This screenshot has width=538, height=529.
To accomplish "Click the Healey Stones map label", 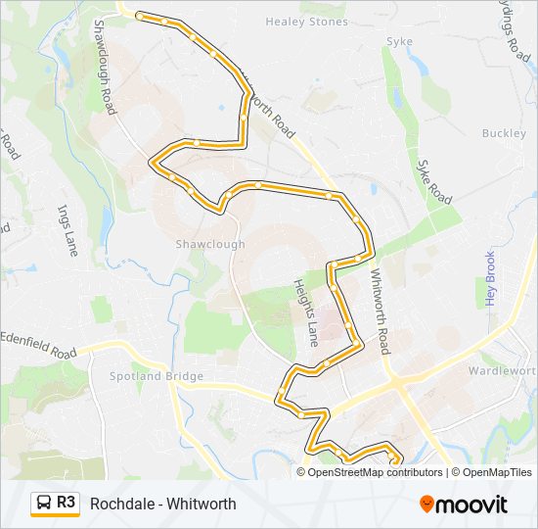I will pos(306,22).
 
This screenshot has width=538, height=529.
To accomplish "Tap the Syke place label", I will pos(400,41).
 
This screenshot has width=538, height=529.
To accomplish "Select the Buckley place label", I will pos(504,133).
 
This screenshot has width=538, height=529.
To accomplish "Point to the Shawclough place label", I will pos(210,244).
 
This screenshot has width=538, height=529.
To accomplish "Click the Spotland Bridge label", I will pos(157,376).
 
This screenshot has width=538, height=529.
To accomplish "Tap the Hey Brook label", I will pos(491,278).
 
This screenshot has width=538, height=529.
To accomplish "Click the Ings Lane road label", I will pos(67,229).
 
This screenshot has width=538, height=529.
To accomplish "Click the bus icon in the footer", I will pos(44,504).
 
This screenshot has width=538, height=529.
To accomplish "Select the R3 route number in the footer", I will pos(67,503).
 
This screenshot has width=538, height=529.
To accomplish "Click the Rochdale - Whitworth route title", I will pos(162,504).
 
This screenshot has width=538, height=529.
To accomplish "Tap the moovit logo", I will pos(464,505).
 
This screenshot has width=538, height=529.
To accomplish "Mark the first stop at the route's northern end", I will pos(140,17).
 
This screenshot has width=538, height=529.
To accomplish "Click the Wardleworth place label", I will pos(502,371).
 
